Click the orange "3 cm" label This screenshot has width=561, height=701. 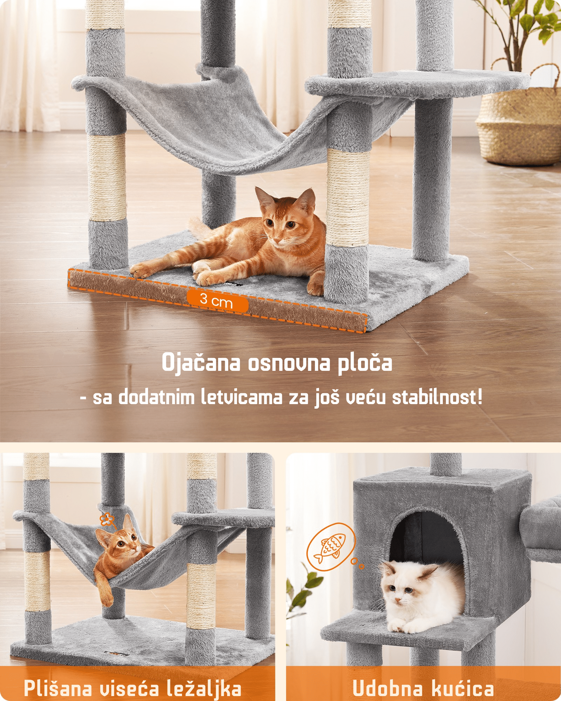pyautogui.click(x=217, y=301)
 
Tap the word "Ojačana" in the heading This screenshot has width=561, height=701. pyautogui.click(x=201, y=363)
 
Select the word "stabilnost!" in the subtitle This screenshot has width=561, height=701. pyautogui.click(x=437, y=397)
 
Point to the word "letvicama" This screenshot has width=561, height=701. pyautogui.click(x=242, y=397)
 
